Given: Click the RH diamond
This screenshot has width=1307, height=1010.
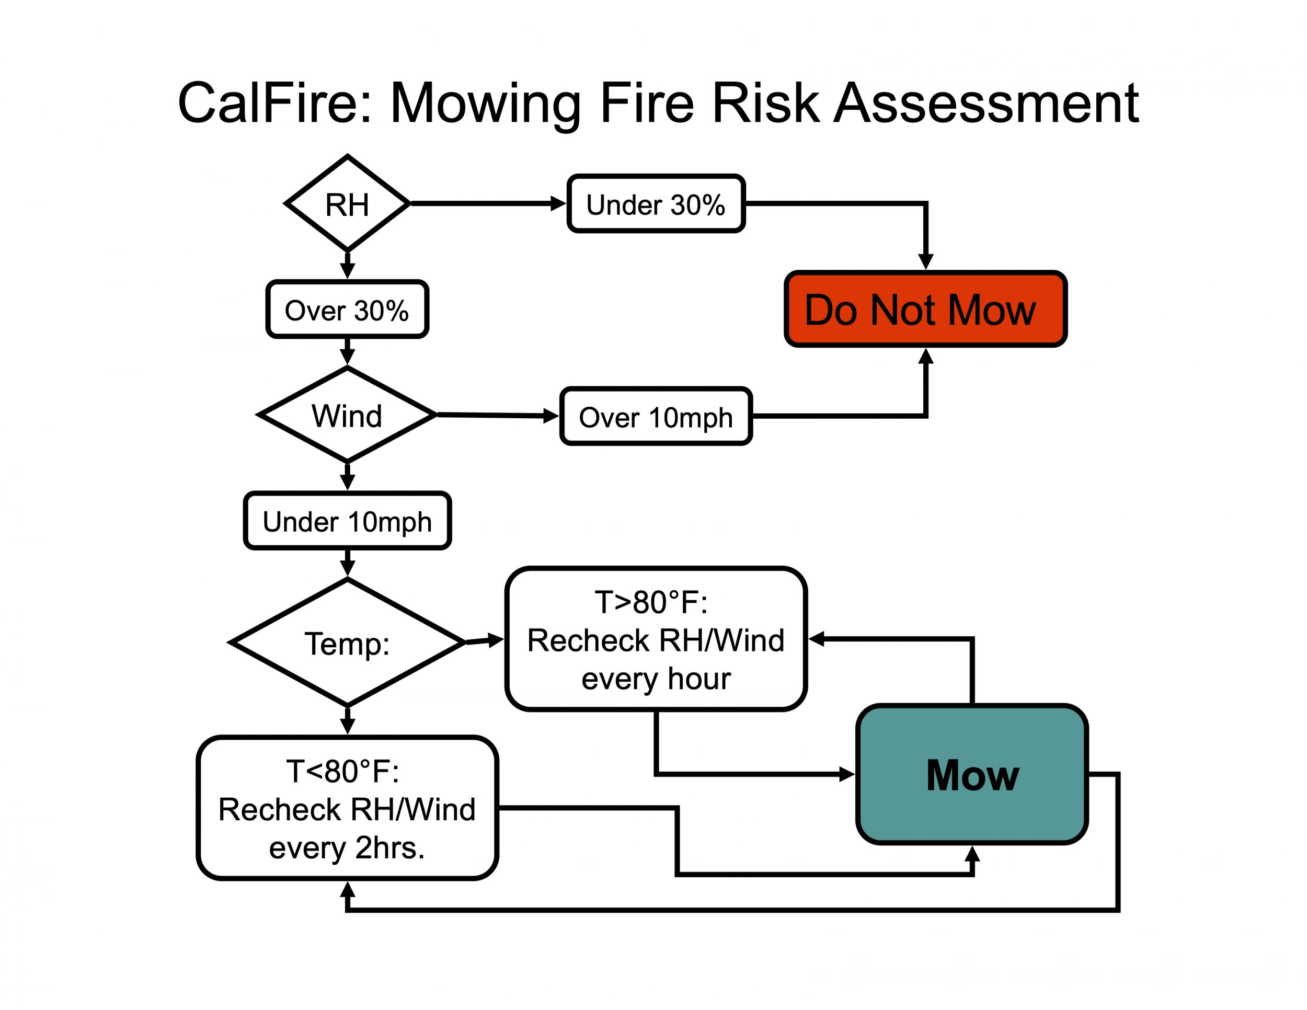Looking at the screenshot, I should pos(347,204).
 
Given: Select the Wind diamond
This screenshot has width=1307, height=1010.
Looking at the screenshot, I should pos(347,415).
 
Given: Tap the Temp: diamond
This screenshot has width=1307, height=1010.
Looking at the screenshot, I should pos(347,642).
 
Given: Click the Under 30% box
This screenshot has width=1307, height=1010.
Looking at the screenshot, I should pos(656,204).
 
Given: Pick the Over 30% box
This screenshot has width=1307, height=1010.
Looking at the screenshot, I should pos(347,310).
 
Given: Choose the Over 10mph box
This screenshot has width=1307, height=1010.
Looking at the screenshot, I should pos(656,417).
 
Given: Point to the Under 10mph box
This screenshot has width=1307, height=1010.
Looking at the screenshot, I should pos(347,521).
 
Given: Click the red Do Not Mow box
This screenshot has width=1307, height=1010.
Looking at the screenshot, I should pos(925,310).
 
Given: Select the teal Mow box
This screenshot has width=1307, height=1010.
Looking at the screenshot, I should pos(972,775).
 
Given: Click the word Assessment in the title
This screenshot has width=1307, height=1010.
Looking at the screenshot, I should pos(986,103).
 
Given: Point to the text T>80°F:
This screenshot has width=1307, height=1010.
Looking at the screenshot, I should pos(651,602).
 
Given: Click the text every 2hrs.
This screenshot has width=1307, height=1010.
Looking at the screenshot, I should pos(347,848).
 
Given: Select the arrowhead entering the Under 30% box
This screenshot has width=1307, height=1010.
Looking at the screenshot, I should pos(558,204).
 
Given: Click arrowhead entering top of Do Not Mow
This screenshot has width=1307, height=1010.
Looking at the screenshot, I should pos(926,261).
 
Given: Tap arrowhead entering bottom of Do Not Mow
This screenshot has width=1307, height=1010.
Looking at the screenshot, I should pos(926,357).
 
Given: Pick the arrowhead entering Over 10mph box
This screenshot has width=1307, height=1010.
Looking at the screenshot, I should pos(551,416).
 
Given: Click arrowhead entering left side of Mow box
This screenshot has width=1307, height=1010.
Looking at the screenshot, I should pos(847,774).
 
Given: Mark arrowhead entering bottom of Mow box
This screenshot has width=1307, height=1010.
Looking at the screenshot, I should pos(972,854).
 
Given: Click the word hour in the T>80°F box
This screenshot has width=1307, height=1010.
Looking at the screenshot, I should pos(699,679).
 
